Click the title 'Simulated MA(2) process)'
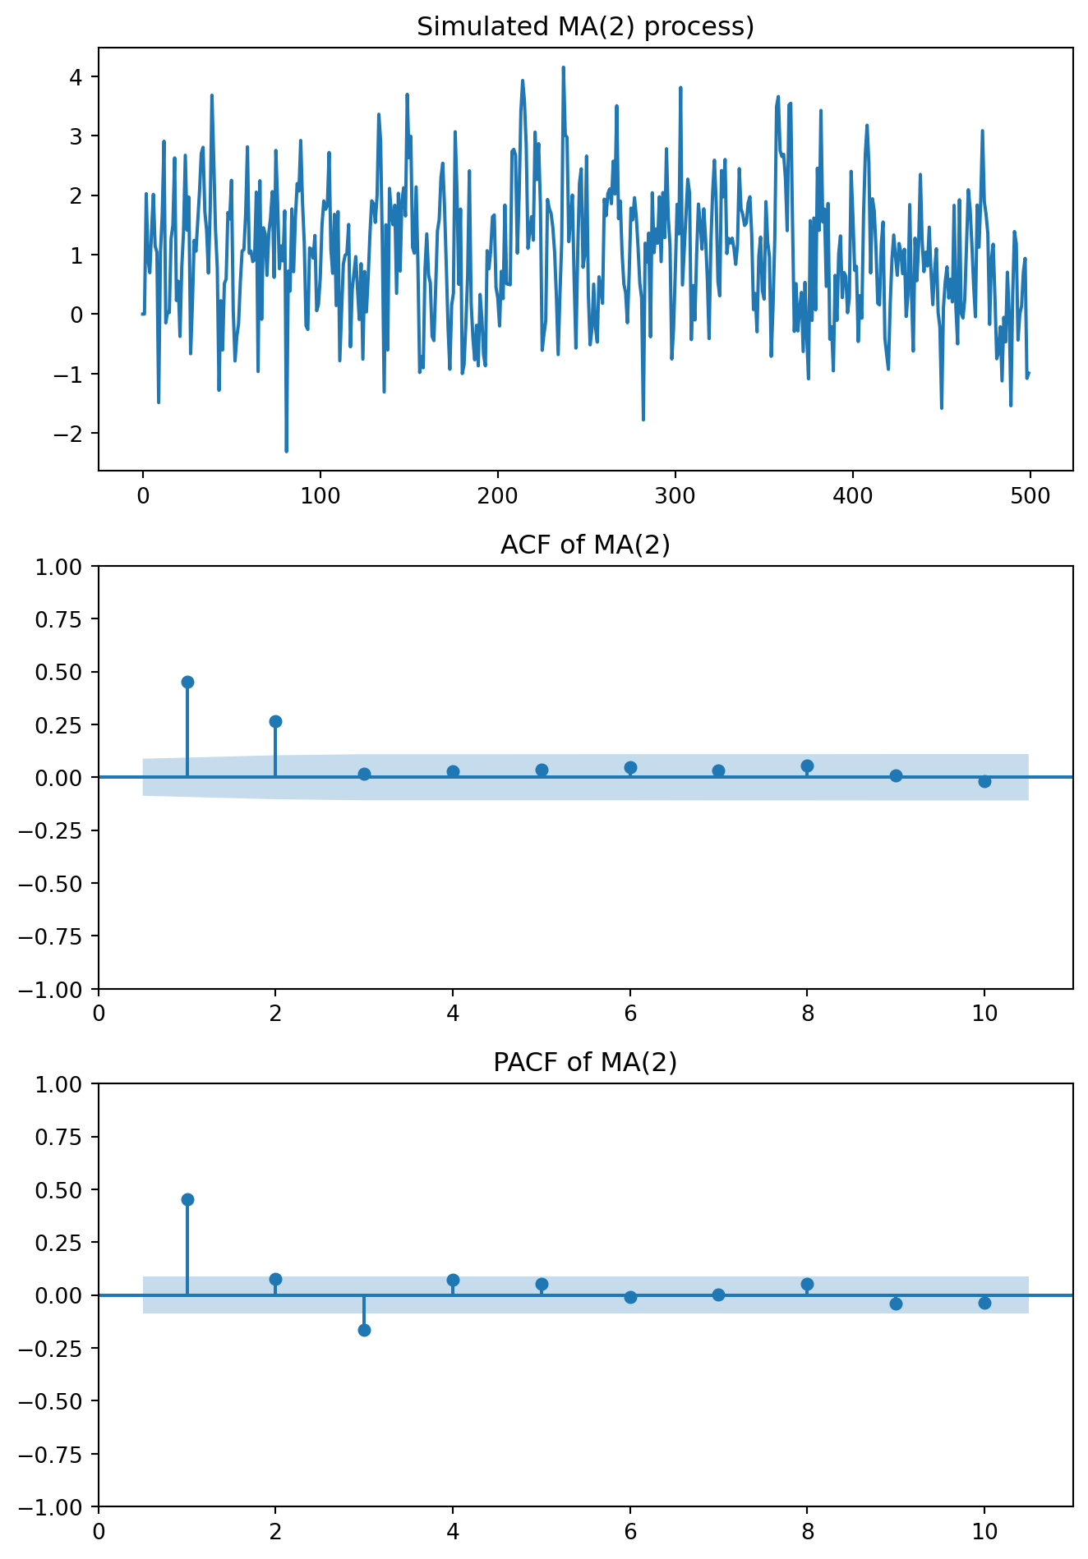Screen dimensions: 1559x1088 (x=585, y=27)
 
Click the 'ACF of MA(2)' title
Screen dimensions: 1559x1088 (x=585, y=545)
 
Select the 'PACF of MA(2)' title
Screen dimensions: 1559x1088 (x=585, y=1062)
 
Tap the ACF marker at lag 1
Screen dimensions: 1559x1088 (x=187, y=682)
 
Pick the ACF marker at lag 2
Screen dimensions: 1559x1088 (x=275, y=721)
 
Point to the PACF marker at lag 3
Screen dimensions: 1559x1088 (x=364, y=1330)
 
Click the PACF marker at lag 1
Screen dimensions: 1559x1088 (x=187, y=1199)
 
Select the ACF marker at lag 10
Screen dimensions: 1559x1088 (x=984, y=781)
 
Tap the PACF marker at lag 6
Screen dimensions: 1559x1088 (x=630, y=1297)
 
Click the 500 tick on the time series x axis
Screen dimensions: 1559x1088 (x=1030, y=496)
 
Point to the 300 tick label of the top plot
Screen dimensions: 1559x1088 (x=675, y=496)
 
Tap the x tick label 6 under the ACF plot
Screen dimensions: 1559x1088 (x=630, y=1014)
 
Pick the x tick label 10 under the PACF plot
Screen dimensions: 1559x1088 (x=984, y=1531)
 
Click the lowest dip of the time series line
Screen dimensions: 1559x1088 (x=286, y=451)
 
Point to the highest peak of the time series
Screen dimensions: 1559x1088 (x=563, y=67)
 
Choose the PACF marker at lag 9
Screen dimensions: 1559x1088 (x=896, y=1304)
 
